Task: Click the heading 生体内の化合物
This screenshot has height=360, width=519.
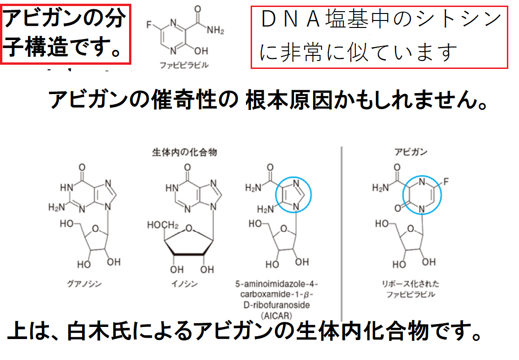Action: [x=185, y=152]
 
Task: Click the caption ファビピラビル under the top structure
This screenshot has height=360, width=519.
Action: [x=186, y=66]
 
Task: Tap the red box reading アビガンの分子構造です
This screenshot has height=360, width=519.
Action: [x=65, y=34]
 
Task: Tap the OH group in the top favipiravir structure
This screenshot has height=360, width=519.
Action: [x=201, y=49]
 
